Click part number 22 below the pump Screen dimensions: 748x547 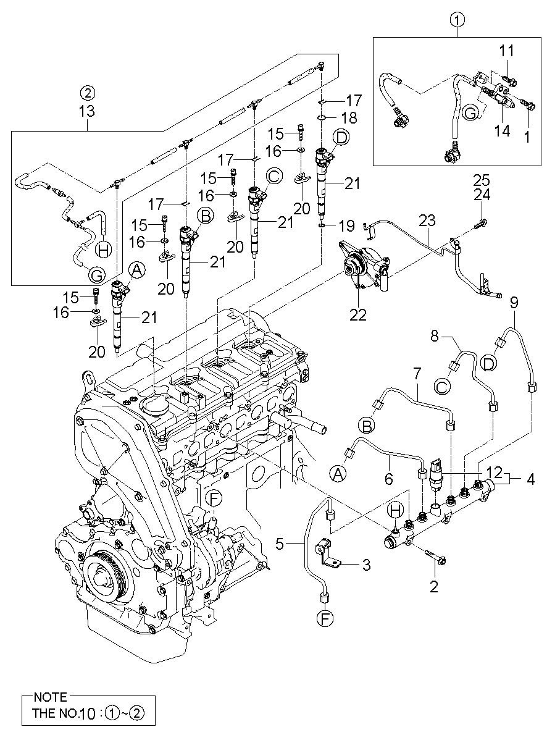(358, 314)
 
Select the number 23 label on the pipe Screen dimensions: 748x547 (427, 221)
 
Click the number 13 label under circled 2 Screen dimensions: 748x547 (87, 111)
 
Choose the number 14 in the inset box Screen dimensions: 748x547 (503, 132)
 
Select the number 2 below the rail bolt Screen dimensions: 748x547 (434, 586)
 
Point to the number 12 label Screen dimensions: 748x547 (494, 472)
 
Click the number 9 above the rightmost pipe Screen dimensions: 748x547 (513, 303)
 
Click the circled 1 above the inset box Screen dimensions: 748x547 (457, 21)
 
